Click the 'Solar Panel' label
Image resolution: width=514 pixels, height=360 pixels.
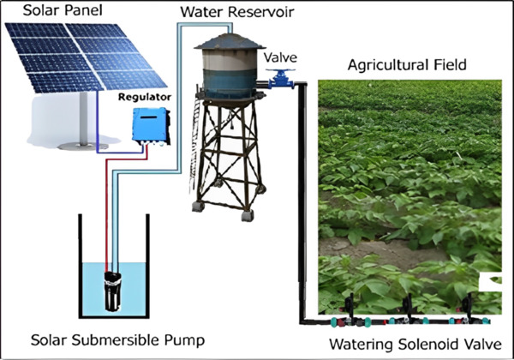click(63, 10)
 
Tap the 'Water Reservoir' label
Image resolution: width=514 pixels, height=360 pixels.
click(237, 12)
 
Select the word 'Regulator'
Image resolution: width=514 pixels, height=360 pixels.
click(145, 98)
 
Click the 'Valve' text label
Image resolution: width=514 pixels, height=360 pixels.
click(280, 57)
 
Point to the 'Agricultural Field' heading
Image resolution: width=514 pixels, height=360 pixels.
click(407, 65)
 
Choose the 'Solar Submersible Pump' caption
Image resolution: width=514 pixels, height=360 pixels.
click(117, 340)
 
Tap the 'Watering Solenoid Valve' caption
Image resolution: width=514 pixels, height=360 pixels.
click(415, 345)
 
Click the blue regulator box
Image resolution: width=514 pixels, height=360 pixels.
click(151, 126)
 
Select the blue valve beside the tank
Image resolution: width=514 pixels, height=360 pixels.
click(281, 79)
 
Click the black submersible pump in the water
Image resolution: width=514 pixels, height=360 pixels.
click(113, 291)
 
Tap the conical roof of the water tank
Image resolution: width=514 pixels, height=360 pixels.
click(230, 42)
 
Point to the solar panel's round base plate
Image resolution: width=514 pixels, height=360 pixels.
click(83, 147)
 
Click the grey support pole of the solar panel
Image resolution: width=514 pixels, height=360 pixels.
click(84, 118)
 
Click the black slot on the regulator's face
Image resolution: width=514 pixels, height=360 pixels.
click(148, 117)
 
